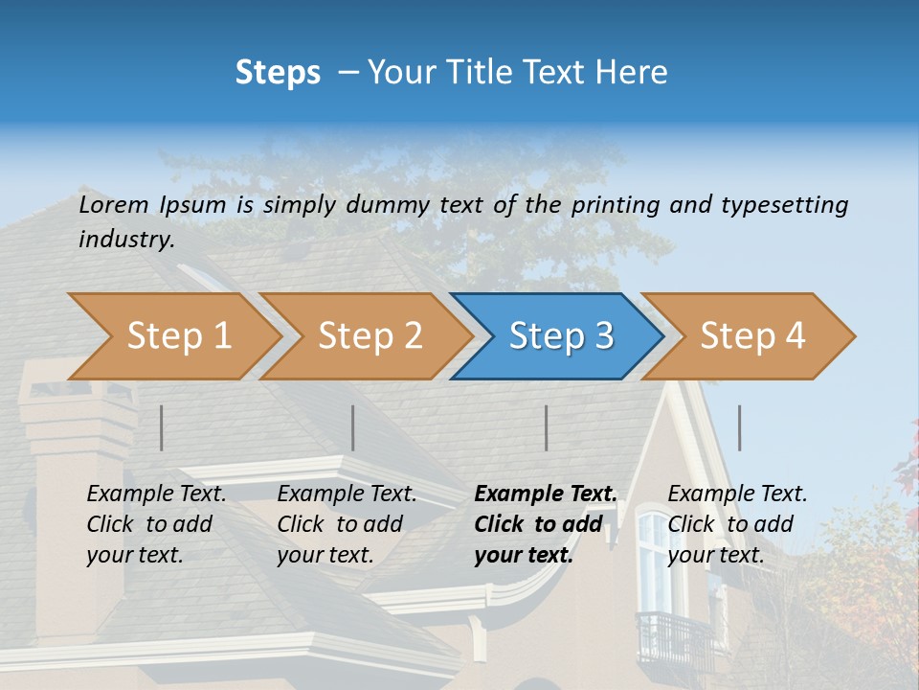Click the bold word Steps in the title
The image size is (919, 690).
[278, 73]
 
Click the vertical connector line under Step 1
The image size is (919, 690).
[162, 427]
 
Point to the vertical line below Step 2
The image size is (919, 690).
[353, 427]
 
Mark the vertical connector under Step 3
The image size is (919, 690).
[547, 427]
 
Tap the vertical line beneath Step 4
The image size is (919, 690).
[740, 427]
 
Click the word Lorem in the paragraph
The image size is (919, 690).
[114, 204]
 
